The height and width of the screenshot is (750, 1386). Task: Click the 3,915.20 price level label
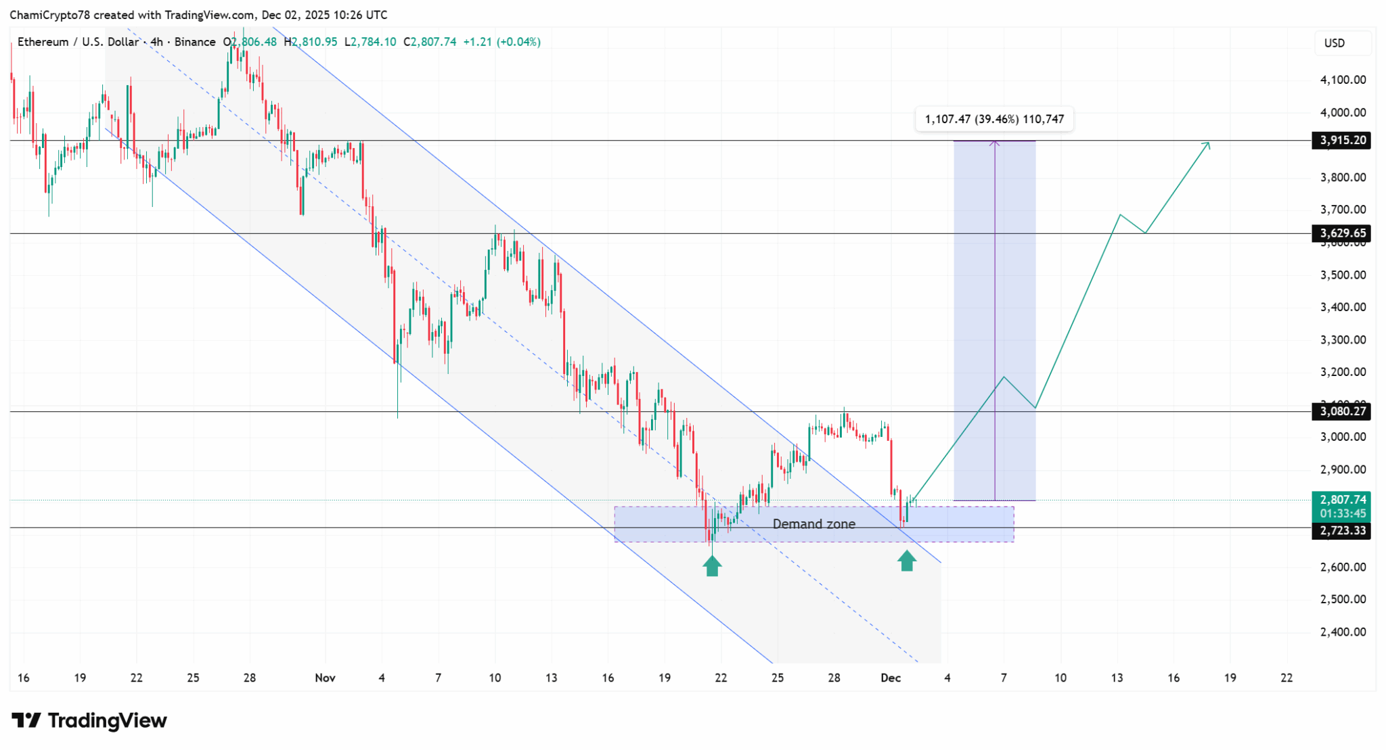[1343, 141]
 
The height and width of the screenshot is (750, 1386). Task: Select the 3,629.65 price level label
[1343, 233]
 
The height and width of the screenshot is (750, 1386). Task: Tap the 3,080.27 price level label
[1343, 411]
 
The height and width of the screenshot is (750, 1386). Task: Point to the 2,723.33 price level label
[1343, 531]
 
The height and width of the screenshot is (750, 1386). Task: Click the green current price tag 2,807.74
[1343, 500]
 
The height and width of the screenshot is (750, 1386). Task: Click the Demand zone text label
[813, 524]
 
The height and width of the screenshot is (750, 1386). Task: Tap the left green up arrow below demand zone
[711, 565]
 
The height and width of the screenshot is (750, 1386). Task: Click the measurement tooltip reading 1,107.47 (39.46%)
[993, 120]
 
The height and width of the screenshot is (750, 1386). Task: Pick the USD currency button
[1334, 43]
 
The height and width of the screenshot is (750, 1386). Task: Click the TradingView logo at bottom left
[89, 721]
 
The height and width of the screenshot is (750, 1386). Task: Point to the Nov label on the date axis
[325, 678]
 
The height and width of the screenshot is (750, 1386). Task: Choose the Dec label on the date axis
[891, 678]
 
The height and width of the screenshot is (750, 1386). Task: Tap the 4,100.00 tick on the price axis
[1343, 80]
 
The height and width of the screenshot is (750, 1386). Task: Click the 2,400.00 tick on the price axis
[1343, 632]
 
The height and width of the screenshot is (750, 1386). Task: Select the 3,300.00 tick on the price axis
[1343, 340]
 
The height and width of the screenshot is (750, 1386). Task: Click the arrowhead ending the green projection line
[1208, 143]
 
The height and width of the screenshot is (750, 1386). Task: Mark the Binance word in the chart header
[195, 42]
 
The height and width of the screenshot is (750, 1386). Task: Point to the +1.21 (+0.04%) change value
[501, 42]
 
